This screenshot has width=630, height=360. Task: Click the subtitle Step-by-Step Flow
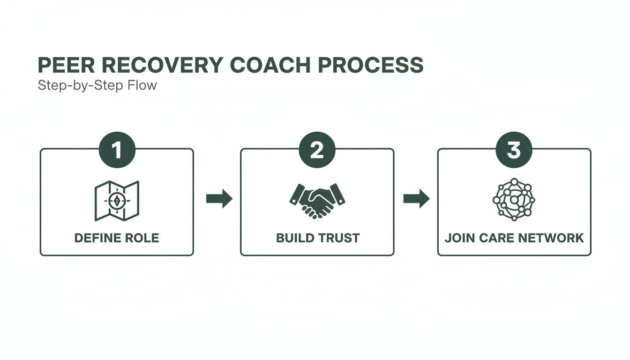pos(97,86)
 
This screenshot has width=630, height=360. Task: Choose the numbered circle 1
pos(117,150)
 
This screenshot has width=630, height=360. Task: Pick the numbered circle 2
pos(317,150)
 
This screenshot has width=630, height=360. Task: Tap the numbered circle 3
pos(514,150)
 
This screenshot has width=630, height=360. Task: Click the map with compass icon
pos(117,201)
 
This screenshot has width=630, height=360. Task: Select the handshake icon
pos(317,201)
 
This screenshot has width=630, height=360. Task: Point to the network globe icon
pos(514,200)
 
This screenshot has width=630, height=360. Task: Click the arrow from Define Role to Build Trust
pos(219,199)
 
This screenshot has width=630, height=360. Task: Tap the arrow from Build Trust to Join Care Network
pos(416,199)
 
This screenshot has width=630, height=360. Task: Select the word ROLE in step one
pos(142,238)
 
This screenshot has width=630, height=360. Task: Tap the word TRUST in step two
pos(338,238)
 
